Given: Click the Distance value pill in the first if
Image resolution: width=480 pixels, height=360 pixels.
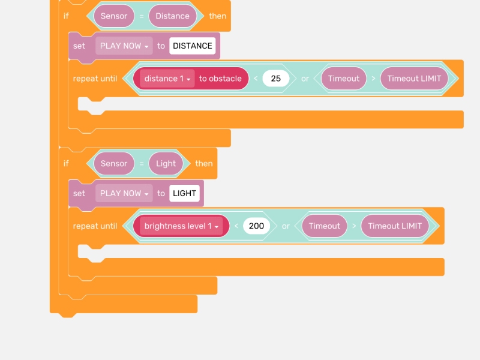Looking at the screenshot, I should tap(172, 16).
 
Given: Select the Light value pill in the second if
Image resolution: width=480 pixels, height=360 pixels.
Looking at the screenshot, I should tap(166, 164).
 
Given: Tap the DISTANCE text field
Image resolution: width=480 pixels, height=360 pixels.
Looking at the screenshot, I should tap(192, 46).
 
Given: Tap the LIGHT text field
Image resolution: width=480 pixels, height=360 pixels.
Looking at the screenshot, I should tap(184, 194).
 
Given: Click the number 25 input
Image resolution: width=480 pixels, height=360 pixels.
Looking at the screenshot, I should tap(275, 79).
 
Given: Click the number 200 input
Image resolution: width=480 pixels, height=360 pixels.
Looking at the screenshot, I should tap(256, 226).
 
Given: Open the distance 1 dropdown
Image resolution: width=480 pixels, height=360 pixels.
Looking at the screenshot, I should tap(167, 79).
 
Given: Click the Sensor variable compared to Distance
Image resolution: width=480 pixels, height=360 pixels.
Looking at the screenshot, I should tap(114, 16).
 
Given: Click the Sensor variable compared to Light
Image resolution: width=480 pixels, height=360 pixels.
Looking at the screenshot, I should tap(114, 164).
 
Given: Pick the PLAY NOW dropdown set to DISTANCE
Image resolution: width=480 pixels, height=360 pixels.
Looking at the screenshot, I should tap(124, 46).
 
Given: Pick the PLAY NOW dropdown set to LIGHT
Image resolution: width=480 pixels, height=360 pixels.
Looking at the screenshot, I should tap(124, 194).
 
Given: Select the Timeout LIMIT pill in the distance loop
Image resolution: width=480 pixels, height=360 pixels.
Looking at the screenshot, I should tap(414, 79).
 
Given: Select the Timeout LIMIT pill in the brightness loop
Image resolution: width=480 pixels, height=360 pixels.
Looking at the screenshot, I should tap(395, 226).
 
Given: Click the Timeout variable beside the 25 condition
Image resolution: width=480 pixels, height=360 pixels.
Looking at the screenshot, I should tap(344, 79).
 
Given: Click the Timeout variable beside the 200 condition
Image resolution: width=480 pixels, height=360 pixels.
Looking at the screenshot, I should tap(325, 226).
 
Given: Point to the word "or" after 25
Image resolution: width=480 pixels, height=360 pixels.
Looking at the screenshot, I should tap(305, 79).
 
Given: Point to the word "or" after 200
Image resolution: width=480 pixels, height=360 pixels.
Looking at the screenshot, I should tap(286, 226).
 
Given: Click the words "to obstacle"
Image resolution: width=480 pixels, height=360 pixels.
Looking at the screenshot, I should tap(220, 79).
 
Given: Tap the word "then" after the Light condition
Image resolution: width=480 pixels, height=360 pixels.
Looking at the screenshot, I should tap(204, 164).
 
